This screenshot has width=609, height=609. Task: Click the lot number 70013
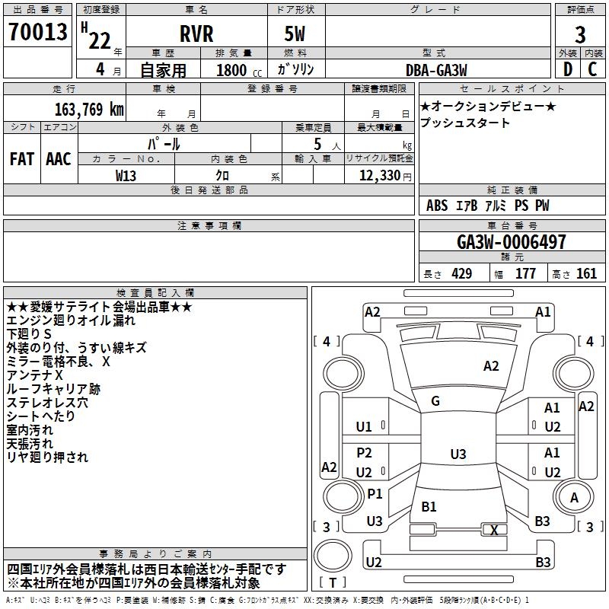point(37,32)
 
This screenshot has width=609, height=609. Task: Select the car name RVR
point(196,34)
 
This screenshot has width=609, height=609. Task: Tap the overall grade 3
point(580,35)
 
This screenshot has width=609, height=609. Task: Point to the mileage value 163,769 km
point(89,110)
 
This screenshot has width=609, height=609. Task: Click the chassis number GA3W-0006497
point(511,241)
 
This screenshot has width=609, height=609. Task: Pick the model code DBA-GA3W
point(436,70)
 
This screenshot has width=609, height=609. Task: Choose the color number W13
point(126,176)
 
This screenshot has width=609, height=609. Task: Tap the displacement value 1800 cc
point(239,70)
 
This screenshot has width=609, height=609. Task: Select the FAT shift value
point(22,159)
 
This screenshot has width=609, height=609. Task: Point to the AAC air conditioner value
point(59,159)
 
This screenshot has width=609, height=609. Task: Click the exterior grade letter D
point(568,69)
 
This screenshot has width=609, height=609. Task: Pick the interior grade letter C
point(592,69)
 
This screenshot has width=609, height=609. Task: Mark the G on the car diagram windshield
point(435,401)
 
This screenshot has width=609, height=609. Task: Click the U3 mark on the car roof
point(458,454)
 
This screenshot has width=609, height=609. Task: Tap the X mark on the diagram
point(494,530)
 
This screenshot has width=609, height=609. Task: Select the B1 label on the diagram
point(429,506)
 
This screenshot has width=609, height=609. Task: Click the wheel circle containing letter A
point(574,497)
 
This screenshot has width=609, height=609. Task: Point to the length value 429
point(462,274)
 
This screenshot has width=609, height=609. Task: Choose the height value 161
point(586,274)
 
